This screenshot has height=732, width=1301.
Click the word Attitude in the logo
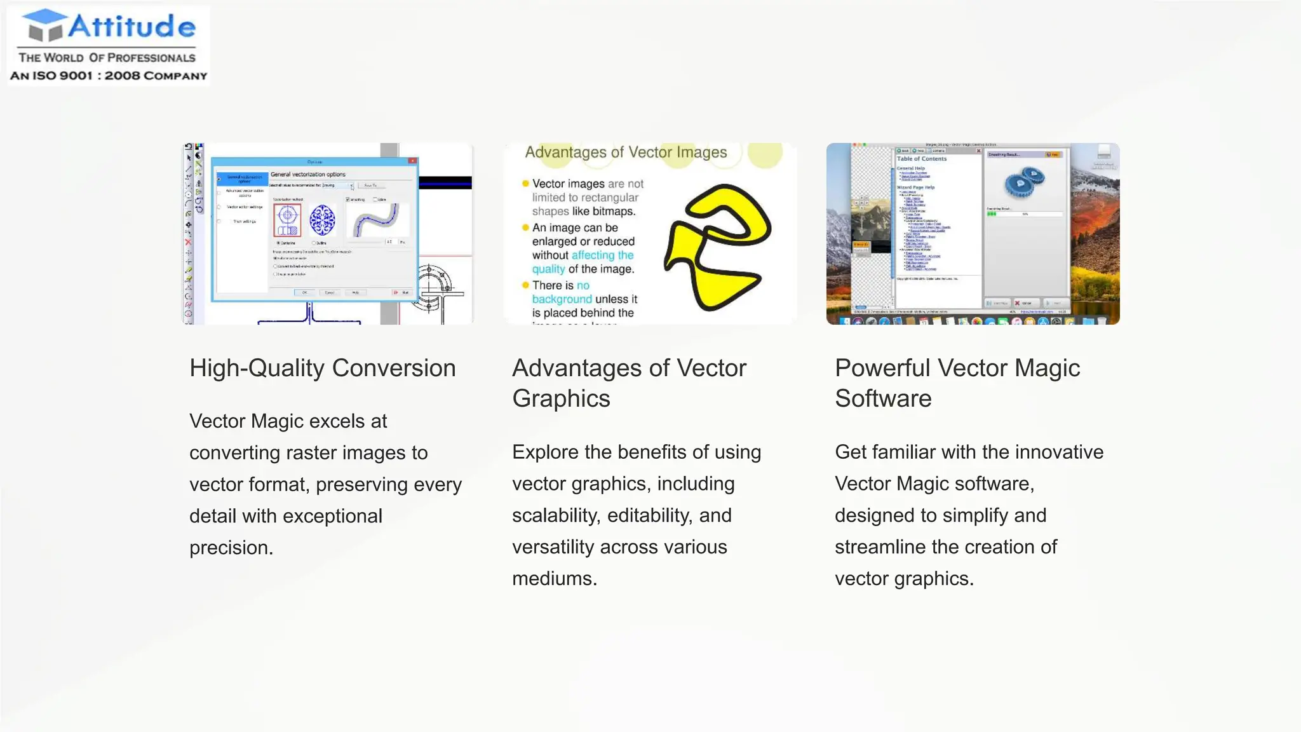pos(131,27)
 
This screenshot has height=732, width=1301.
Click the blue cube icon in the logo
pos(44,25)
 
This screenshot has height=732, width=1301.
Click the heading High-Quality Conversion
pos(322,368)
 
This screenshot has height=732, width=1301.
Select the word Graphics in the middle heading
pos(561,398)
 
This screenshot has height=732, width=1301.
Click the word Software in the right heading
pos(882,398)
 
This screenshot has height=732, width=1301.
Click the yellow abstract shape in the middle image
pos(718,248)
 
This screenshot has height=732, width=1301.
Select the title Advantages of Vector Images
pos(626,152)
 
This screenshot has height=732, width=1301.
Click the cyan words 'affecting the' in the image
pos(602,255)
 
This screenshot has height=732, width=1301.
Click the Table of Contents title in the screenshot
pos(921,159)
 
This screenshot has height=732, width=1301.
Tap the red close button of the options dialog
pos(412,161)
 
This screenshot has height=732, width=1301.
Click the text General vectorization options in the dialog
pos(308,174)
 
